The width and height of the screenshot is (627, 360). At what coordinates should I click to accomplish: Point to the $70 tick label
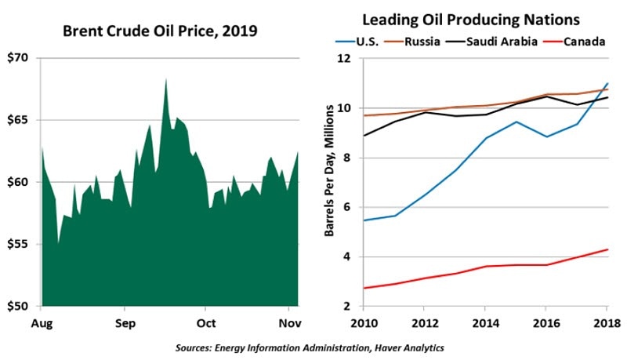24,58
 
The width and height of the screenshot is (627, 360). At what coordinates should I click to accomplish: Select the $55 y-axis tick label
24,244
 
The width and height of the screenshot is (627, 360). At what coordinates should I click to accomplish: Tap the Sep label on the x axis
125,322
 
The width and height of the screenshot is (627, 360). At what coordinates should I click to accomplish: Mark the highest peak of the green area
165,78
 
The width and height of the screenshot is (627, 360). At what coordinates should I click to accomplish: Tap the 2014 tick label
486,322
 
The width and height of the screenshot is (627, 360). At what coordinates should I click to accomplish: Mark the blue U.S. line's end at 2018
607,83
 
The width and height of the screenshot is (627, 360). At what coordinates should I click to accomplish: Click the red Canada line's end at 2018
607,249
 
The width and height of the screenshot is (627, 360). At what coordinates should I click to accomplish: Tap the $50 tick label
24,306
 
